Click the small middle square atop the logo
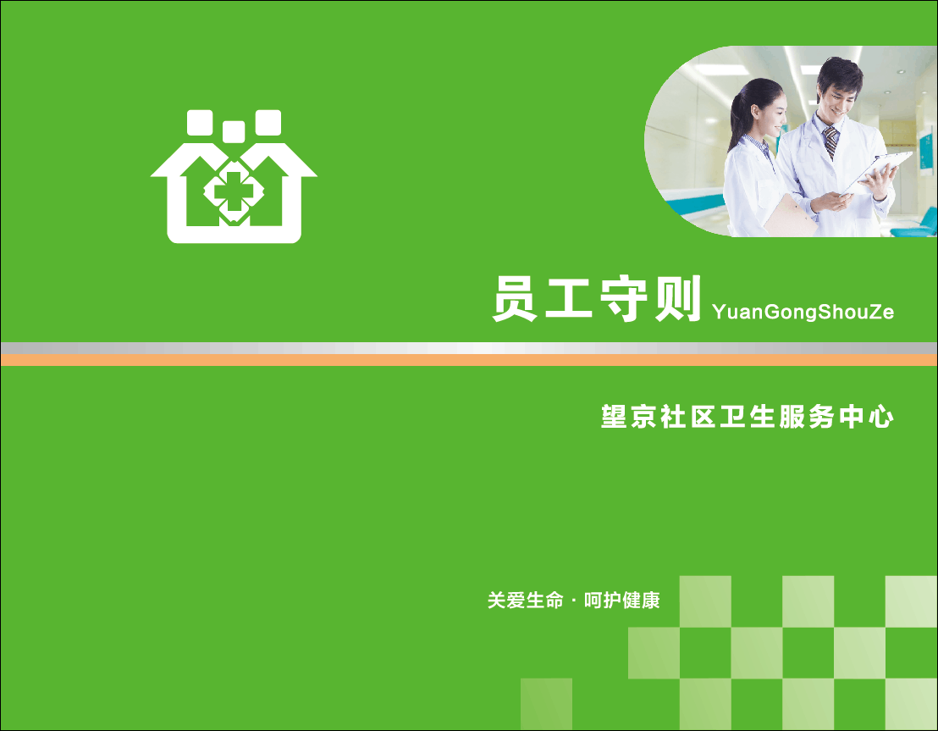(x=234, y=131)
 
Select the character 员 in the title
(x=515, y=299)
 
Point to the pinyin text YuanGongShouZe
(x=803, y=312)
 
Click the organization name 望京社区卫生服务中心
(x=748, y=417)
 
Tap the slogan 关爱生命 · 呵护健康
(x=573, y=600)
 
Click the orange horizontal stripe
(x=469, y=360)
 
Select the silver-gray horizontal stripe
(x=469, y=348)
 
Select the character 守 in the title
(x=623, y=299)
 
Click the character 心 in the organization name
(x=881, y=418)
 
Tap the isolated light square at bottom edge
(x=546, y=704)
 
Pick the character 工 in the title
(x=568, y=299)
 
